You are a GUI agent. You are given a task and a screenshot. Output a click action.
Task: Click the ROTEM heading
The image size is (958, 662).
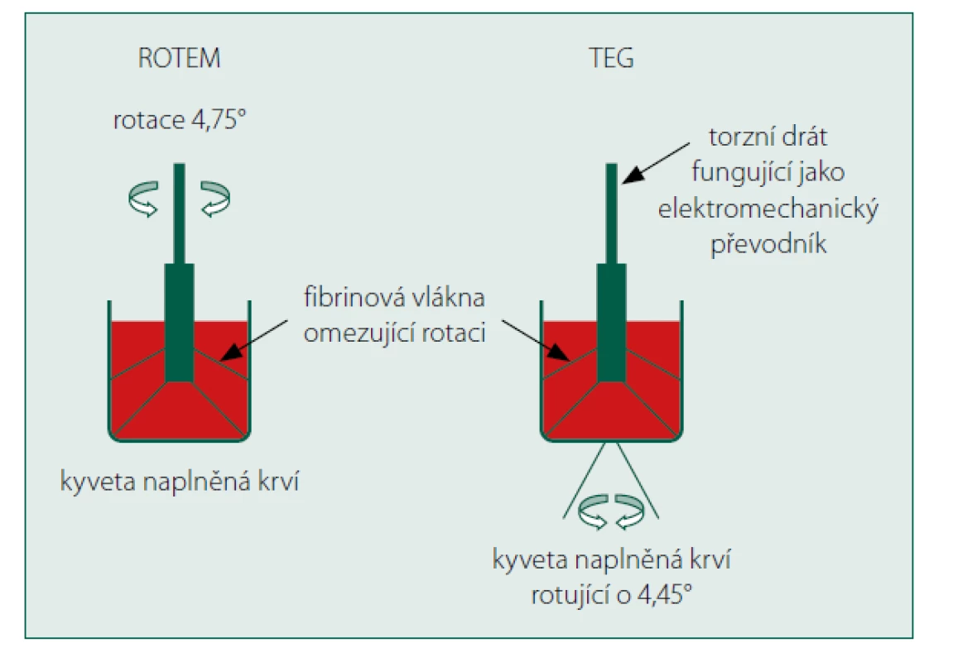pos(179,58)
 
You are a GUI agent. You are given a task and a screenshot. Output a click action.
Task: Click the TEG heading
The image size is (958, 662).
pos(611,58)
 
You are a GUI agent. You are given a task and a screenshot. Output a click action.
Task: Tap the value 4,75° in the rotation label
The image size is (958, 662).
pos(219,120)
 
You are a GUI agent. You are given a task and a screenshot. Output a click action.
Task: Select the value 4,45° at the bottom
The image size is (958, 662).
pos(665,594)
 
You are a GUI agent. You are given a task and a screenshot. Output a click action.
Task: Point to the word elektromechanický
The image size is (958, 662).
pos(768,209)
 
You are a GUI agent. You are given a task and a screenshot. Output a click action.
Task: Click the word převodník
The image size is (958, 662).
pos(768,244)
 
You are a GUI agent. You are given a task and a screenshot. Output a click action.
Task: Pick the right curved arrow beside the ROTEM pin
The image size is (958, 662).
pos(215,199)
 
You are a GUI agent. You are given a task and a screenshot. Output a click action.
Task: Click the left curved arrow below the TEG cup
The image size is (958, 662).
pos(593,511)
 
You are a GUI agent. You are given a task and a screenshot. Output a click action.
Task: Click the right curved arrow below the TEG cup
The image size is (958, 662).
pos(630,511)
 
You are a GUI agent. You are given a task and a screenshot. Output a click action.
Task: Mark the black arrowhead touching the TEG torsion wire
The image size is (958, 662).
pos(633,175)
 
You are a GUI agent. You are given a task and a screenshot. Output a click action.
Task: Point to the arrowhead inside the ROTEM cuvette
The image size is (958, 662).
pos(229,352)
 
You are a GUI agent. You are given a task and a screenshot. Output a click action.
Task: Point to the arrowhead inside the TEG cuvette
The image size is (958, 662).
pos(558,352)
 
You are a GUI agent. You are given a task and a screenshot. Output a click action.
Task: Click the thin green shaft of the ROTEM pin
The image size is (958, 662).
pos(179,213)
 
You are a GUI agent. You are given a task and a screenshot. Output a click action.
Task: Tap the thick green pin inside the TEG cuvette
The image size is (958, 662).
pos(612,323)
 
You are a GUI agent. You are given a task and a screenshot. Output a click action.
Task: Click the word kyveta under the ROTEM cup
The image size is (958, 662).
pos(98,482)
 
